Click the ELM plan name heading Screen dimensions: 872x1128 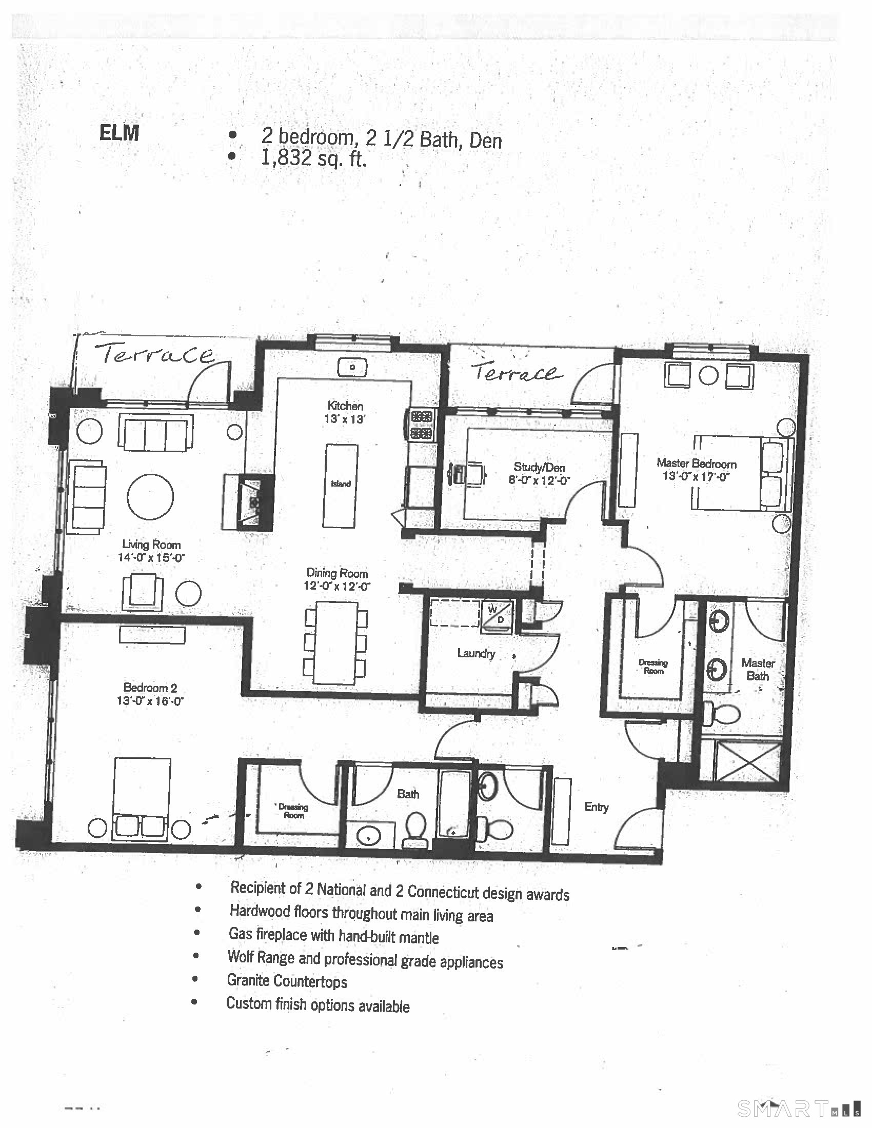[119, 133]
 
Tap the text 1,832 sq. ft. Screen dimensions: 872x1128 [314, 157]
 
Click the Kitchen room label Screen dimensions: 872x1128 [345, 406]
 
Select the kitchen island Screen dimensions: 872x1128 [341, 486]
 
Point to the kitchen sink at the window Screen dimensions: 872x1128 [352, 367]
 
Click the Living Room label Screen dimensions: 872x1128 [151, 545]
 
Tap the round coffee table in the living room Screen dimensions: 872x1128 [150, 496]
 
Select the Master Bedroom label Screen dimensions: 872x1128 [697, 464]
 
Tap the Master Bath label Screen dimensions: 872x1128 [758, 669]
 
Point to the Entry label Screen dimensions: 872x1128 [596, 807]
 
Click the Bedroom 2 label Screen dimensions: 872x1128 [150, 688]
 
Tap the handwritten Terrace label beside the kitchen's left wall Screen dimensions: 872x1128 [156, 355]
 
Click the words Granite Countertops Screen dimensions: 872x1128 [287, 980]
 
